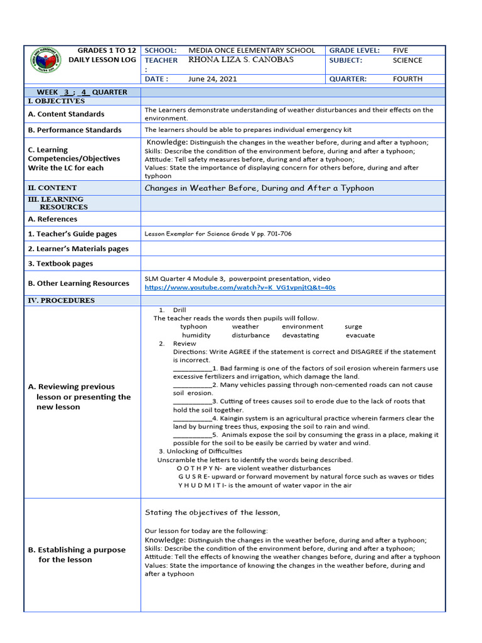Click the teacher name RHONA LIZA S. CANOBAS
pyautogui.click(x=241, y=60)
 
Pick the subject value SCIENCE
pyautogui.click(x=407, y=60)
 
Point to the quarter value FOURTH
pyautogui.click(x=407, y=79)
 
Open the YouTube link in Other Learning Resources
pyautogui.click(x=240, y=288)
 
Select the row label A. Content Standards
pyautogui.click(x=66, y=114)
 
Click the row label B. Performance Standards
pyautogui.click(x=75, y=130)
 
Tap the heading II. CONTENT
pyautogui.click(x=53, y=188)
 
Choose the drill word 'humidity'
pyautogui.click(x=196, y=335)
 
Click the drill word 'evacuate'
pyautogui.click(x=360, y=335)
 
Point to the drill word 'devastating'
pyautogui.click(x=300, y=335)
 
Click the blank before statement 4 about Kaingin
pyautogui.click(x=192, y=418)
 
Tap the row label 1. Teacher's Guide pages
pyautogui.click(x=72, y=234)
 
